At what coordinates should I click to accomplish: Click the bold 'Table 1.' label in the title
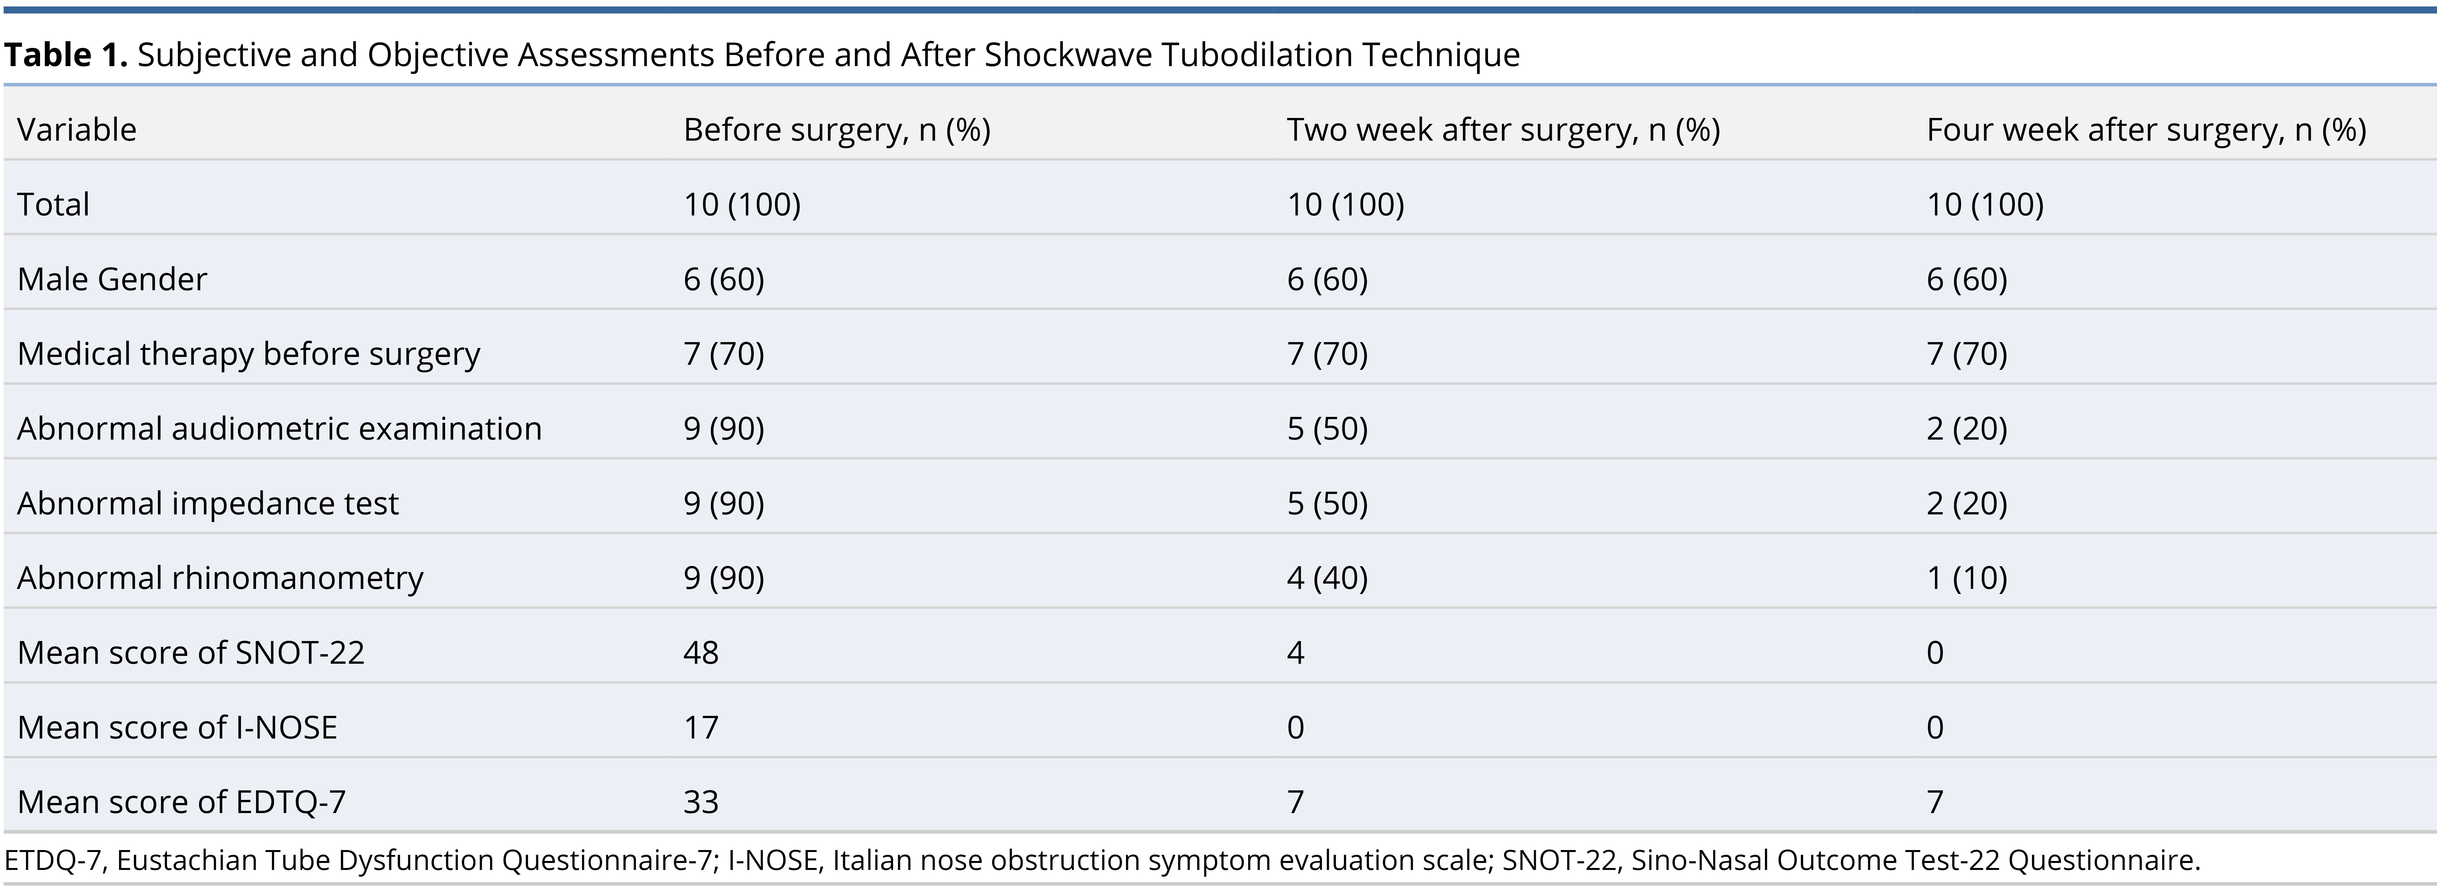pos(65,55)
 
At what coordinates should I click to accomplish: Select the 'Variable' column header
pos(77,130)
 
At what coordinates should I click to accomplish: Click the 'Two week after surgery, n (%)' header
pos(1503,130)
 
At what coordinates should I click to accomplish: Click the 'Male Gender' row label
pos(112,279)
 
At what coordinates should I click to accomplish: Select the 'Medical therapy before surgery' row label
pos(249,354)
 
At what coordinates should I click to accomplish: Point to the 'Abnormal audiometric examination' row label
pos(279,429)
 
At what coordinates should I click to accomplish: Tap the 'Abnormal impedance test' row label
pos(208,503)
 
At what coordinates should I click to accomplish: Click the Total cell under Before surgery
pos(742,204)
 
